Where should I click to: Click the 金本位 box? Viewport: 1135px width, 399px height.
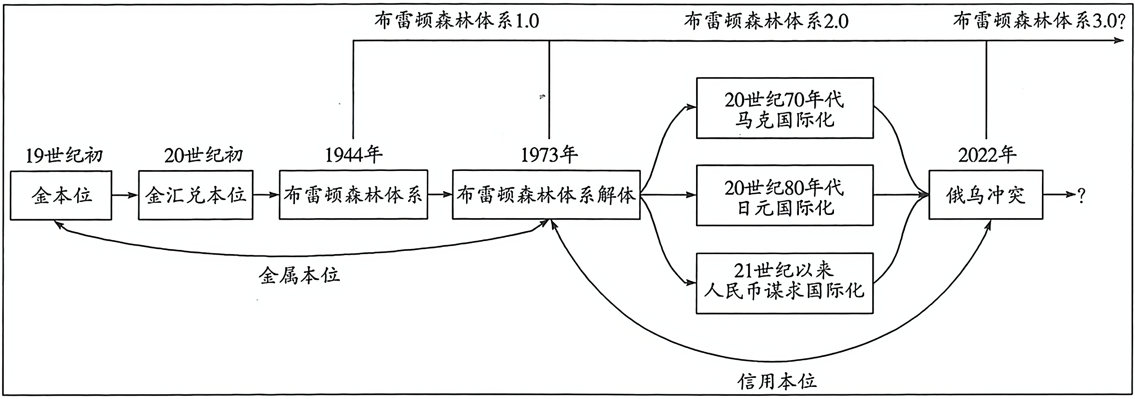(61, 195)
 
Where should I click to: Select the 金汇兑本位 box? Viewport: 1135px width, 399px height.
(195, 195)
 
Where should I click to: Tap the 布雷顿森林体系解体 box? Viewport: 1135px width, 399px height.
(546, 195)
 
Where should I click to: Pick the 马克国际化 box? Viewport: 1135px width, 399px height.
(784, 108)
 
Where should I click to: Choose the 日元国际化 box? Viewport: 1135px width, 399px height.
(784, 195)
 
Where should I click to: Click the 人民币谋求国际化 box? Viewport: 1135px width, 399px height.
(784, 283)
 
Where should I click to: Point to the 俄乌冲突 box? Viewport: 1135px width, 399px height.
(985, 195)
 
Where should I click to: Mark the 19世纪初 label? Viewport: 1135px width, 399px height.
(64, 155)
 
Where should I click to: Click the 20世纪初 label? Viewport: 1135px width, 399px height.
(203, 155)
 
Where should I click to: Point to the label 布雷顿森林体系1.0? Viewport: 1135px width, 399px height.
(456, 21)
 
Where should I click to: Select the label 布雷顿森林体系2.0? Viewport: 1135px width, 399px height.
(766, 21)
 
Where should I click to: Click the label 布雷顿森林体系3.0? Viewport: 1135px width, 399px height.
(1039, 21)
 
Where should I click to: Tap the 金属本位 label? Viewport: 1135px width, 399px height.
(299, 276)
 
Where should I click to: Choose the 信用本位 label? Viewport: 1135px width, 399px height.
(777, 381)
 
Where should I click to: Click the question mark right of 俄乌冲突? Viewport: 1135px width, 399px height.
(1081, 195)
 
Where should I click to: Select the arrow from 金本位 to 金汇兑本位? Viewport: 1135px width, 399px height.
(125, 195)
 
